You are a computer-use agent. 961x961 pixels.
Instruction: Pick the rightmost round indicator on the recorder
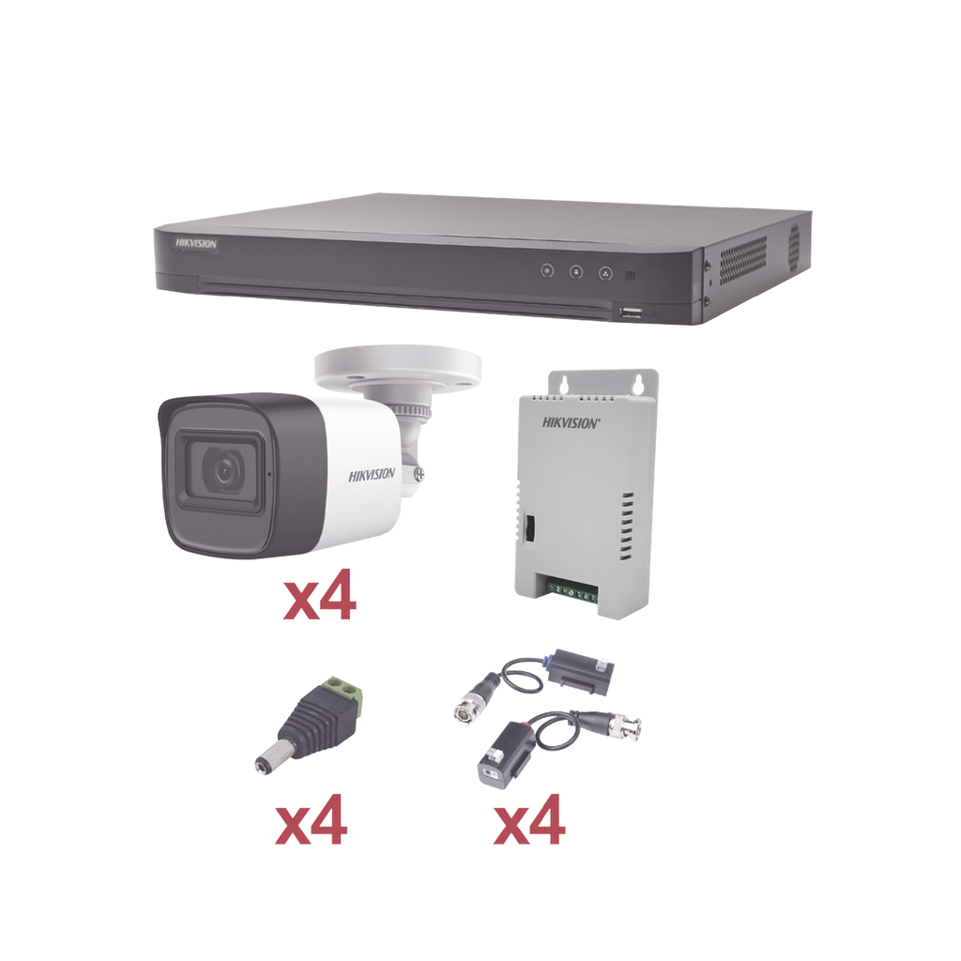coord(605,273)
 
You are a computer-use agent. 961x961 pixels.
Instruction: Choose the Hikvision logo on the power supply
coord(569,422)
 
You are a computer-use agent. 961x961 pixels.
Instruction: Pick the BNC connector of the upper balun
coord(467,709)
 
